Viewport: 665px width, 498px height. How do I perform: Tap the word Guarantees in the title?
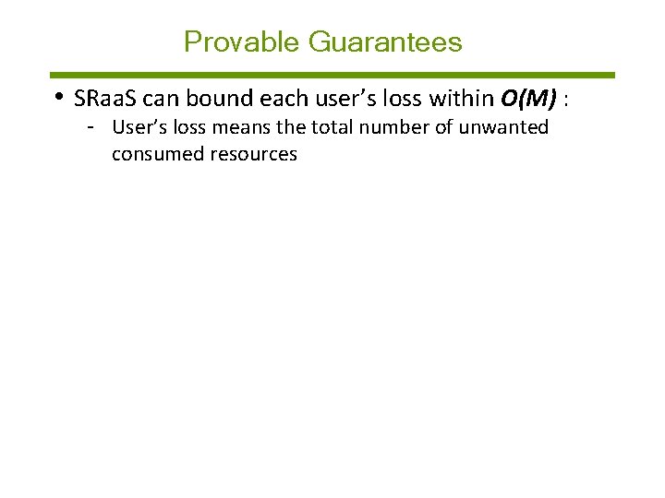[385, 42]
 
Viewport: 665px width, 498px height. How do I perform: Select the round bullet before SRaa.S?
[58, 97]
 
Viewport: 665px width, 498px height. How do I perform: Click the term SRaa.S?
[104, 99]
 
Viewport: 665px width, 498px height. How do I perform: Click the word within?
[462, 99]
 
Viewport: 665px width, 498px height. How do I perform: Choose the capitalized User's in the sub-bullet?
[139, 127]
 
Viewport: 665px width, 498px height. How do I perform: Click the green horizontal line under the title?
[332, 75]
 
